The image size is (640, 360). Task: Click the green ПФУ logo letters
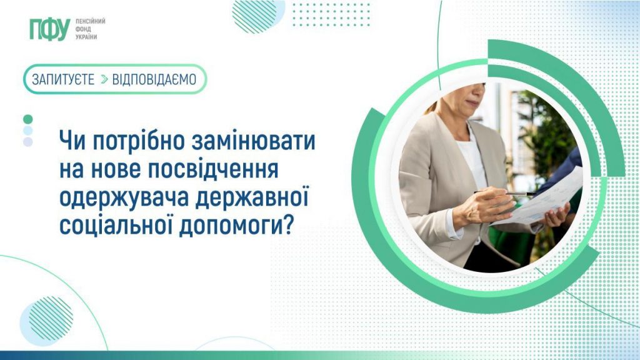coord(50,29)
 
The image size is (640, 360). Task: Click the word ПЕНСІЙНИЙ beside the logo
coord(90,21)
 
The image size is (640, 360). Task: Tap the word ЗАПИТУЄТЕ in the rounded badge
coord(63,79)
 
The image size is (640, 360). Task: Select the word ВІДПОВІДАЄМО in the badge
coord(154,79)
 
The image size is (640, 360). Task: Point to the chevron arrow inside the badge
coord(104,79)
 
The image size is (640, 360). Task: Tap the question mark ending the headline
coord(287,225)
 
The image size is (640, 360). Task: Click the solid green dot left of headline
coord(27,119)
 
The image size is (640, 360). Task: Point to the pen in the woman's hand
coord(505,193)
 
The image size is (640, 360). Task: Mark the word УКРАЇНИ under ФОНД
coord(86,37)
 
